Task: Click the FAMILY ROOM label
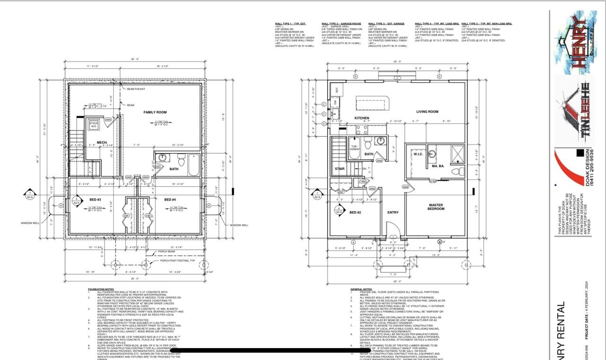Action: pyautogui.click(x=155, y=112)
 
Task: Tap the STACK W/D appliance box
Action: pyautogui.click(x=94, y=125)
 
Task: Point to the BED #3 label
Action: pyautogui.click(x=96, y=200)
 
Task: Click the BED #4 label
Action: pyautogui.click(x=170, y=200)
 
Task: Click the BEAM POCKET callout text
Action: pyautogui.click(x=136, y=89)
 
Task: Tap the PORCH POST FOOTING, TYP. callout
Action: pyautogui.click(x=178, y=261)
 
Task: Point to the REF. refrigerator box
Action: pyautogui.click(x=337, y=89)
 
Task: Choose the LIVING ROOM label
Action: pyautogui.click(x=428, y=112)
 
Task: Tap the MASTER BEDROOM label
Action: pyautogui.click(x=436, y=207)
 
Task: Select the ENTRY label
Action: pyautogui.click(x=393, y=212)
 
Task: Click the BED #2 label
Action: pyautogui.click(x=355, y=212)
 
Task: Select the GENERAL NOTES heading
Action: pyautogui.click(x=361, y=289)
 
